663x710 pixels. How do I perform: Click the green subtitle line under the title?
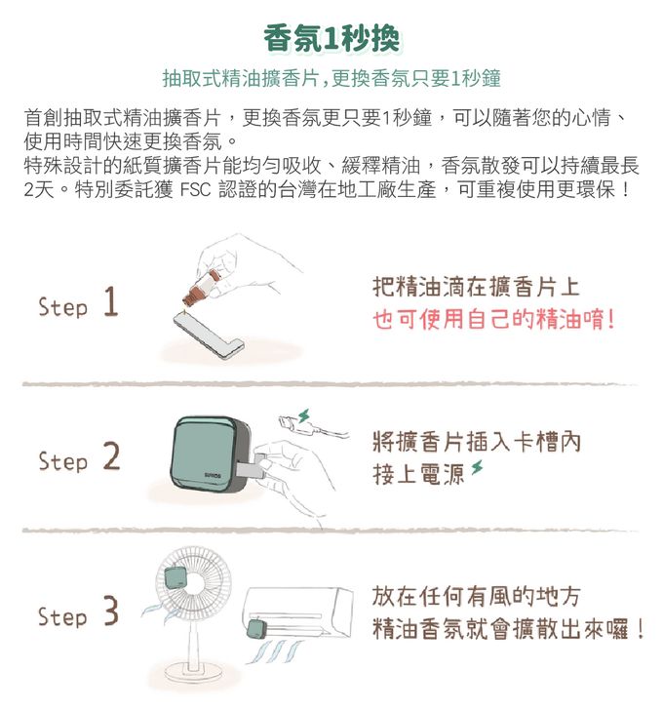(x=331, y=78)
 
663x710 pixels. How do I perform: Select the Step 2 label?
(x=78, y=458)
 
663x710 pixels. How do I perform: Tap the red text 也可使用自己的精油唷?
(x=494, y=320)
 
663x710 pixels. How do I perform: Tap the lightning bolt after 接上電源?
(x=477, y=473)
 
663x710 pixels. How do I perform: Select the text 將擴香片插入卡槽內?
(x=477, y=442)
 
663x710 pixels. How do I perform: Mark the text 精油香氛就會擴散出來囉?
(x=507, y=627)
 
